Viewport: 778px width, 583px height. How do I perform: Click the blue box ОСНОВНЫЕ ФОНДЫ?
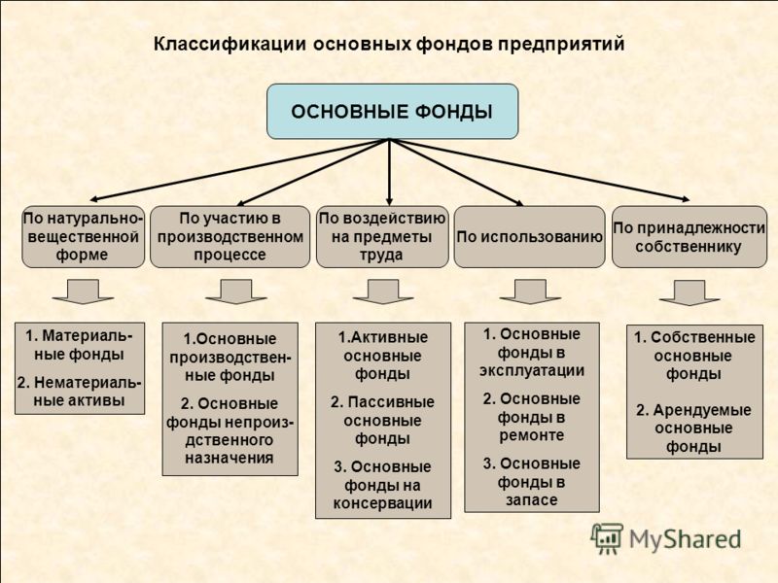click(393, 111)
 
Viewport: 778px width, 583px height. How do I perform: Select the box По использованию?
click(529, 237)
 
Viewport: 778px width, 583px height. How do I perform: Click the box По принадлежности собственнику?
click(690, 237)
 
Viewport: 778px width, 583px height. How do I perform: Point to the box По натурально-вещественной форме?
click(83, 237)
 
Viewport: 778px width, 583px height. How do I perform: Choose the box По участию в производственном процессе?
click(230, 237)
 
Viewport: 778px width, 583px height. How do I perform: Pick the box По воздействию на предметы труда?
click(382, 237)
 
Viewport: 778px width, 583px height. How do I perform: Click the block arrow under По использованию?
click(530, 291)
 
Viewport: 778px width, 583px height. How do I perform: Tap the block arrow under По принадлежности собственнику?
click(690, 292)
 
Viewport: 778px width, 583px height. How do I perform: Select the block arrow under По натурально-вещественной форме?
click(83, 291)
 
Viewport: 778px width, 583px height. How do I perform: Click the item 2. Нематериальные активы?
click(80, 392)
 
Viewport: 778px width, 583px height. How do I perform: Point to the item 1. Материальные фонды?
click(80, 345)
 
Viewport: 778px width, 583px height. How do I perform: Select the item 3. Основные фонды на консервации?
click(382, 485)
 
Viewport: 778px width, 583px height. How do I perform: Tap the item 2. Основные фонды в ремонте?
click(531, 417)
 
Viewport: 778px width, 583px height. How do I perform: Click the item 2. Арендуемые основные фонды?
click(693, 429)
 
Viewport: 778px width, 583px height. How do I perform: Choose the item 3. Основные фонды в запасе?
click(531, 482)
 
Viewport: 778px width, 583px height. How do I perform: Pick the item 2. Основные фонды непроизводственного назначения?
click(230, 430)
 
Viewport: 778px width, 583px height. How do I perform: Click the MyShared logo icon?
click(606, 538)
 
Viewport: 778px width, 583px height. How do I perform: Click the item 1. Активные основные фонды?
click(382, 356)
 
